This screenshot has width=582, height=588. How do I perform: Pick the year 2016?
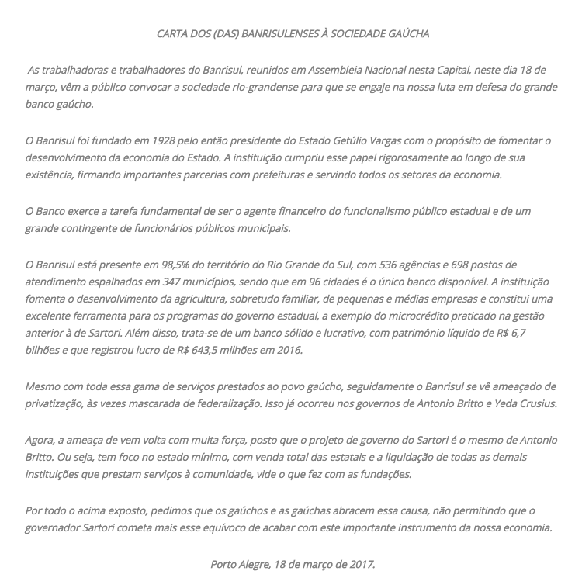coord(288,350)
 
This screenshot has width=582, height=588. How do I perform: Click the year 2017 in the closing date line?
coord(360,564)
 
